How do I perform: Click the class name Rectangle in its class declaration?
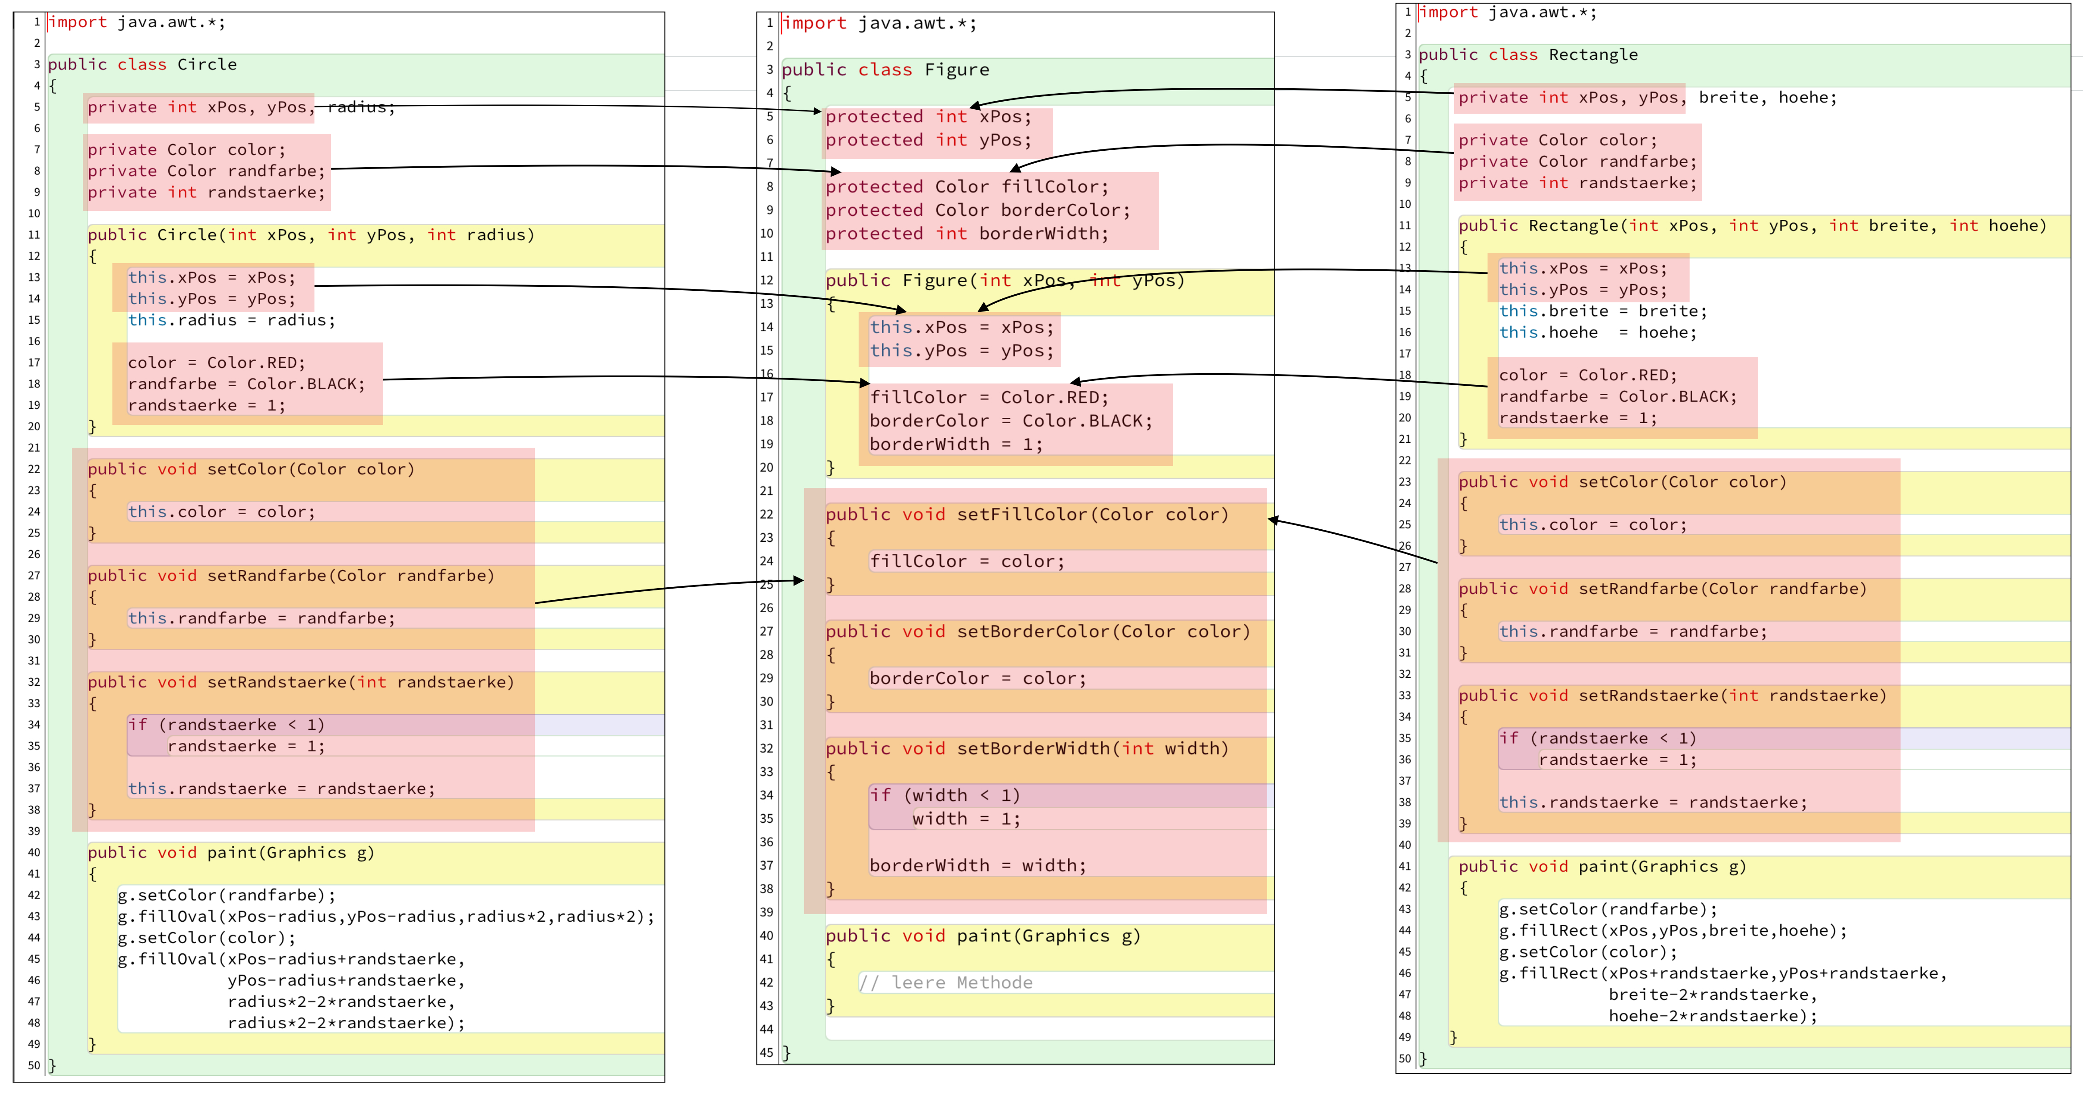pyautogui.click(x=1593, y=55)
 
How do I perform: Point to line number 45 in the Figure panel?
pyautogui.click(x=767, y=1052)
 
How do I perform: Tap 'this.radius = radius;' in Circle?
pyautogui.click(x=231, y=320)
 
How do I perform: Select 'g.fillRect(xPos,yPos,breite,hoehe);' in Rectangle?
pyautogui.click(x=1673, y=931)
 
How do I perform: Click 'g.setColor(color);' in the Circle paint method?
pyautogui.click(x=207, y=938)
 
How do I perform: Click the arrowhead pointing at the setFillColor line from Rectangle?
pyautogui.click(x=1273, y=520)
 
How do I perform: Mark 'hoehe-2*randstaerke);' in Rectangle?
pyautogui.click(x=1713, y=1016)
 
